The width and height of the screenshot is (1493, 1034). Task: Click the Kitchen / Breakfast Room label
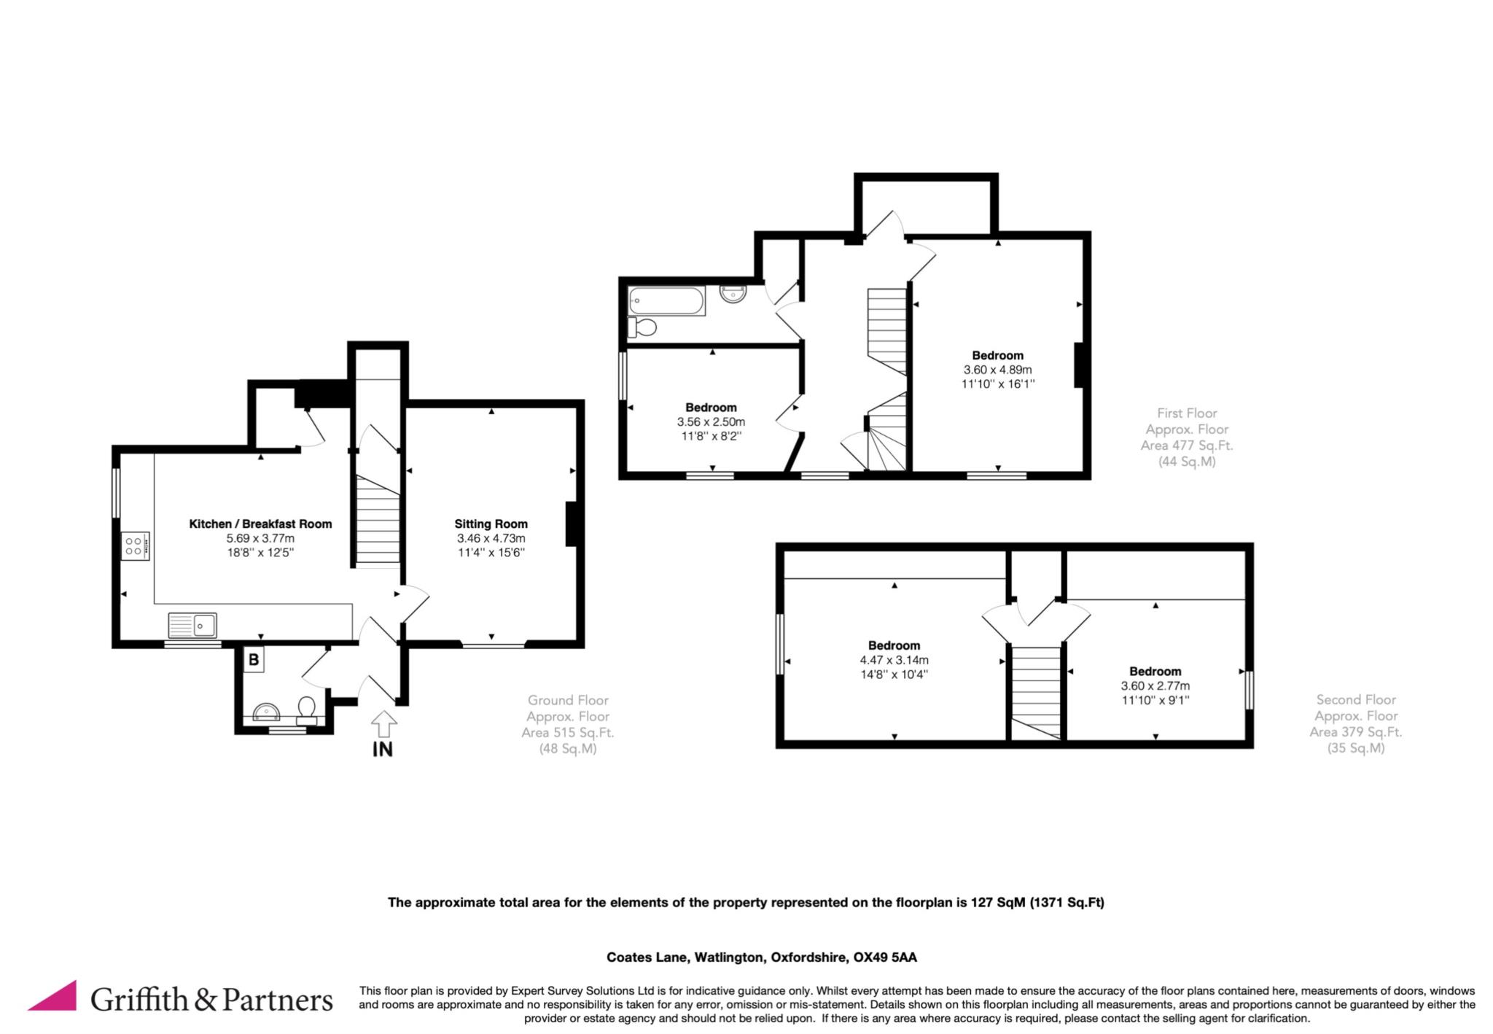tap(260, 524)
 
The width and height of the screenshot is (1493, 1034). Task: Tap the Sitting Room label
tap(491, 524)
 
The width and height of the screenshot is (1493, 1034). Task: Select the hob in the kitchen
tap(136, 546)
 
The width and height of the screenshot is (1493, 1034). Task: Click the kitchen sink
tap(192, 626)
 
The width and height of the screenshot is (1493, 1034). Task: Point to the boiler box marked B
tap(254, 660)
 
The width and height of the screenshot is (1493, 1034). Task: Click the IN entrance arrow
tap(384, 724)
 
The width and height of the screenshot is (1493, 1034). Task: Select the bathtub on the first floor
tap(667, 301)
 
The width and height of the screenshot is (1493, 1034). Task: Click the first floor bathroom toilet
tap(642, 327)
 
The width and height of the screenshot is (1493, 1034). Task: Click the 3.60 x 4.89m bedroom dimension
tap(997, 370)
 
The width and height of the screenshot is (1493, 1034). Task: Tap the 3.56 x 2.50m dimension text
tap(711, 421)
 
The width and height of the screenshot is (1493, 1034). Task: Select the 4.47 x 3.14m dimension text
tap(894, 660)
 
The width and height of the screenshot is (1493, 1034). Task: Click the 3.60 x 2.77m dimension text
tap(1155, 685)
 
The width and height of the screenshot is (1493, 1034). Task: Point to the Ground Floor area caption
tap(568, 724)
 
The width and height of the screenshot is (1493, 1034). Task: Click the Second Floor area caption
tap(1356, 723)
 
